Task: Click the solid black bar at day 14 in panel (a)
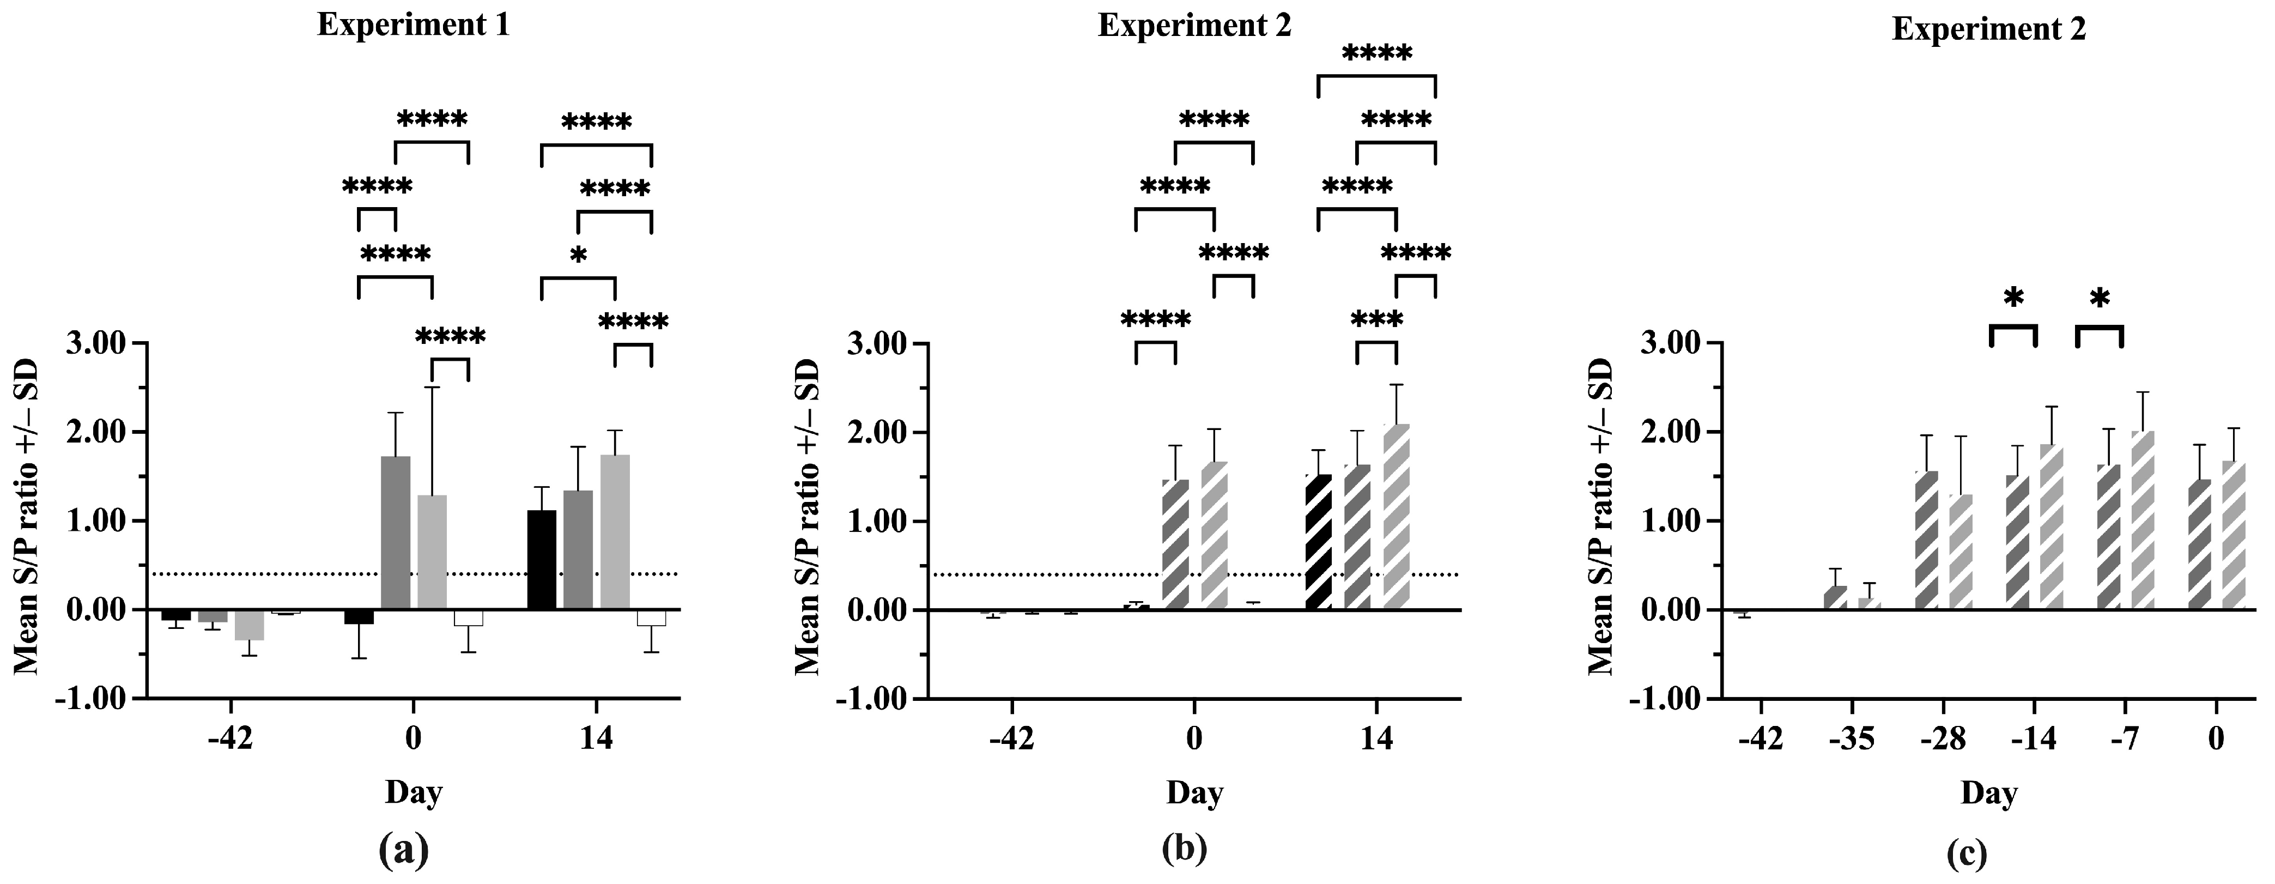point(542,560)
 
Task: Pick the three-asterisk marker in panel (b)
point(1376,320)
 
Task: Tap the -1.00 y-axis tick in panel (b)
point(877,699)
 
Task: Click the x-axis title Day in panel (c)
point(1989,793)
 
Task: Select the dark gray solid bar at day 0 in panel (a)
point(396,534)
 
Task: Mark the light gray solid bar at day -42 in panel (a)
point(249,625)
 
